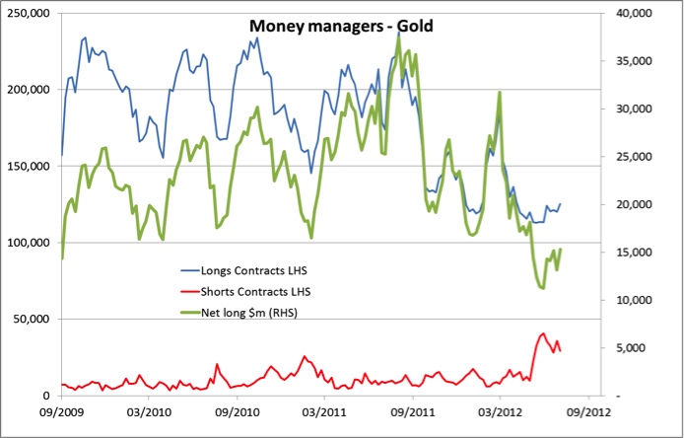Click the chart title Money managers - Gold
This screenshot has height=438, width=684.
point(341,24)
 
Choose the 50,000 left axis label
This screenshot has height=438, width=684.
point(34,319)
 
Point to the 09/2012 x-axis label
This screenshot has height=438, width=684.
point(586,412)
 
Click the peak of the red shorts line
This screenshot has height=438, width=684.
point(544,333)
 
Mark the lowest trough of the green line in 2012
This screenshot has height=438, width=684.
point(542,287)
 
